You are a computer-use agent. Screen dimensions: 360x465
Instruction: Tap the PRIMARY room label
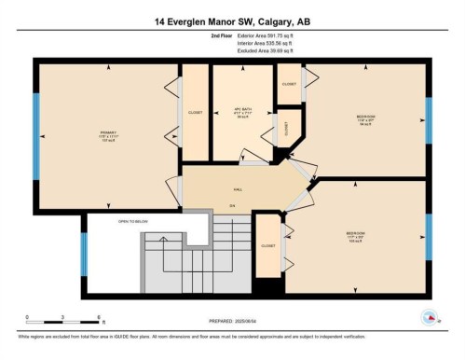point(107,133)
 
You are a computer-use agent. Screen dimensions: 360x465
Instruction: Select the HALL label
point(238,187)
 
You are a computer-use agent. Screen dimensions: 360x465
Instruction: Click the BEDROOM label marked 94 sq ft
point(366,117)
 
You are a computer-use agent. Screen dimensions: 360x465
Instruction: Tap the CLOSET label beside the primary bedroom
point(195,112)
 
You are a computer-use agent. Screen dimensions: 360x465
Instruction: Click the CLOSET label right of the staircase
point(267,245)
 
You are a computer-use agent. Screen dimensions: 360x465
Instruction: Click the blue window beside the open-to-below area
point(83,254)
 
